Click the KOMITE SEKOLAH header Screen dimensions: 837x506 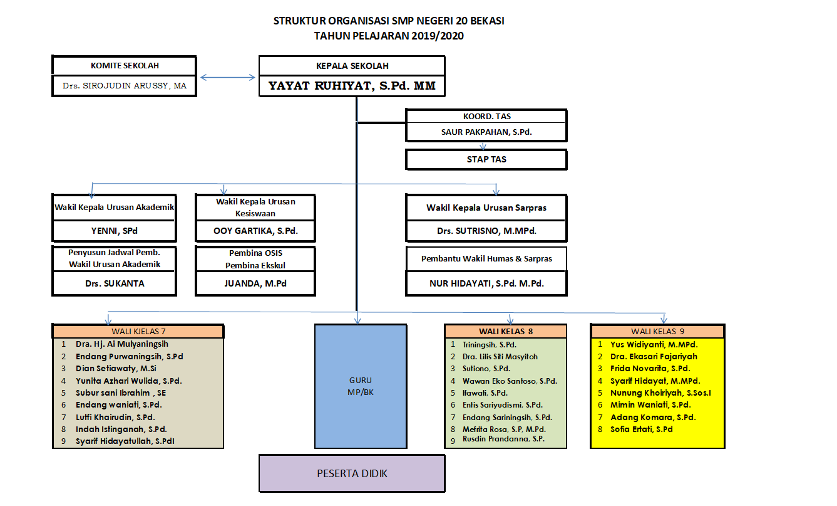point(125,66)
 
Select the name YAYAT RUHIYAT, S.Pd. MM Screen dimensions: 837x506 point(352,86)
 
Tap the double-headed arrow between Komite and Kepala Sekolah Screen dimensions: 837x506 point(227,78)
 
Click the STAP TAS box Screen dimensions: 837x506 point(486,159)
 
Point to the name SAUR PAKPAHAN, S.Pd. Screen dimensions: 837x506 point(486,132)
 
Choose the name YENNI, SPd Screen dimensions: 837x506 point(115,231)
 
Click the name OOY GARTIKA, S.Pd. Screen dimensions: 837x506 point(255,231)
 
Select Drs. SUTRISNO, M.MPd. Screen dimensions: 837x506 point(486,231)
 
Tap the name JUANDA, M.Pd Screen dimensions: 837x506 point(255,283)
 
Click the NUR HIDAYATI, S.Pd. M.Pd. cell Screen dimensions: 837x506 point(486,283)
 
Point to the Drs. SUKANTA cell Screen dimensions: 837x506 point(115,283)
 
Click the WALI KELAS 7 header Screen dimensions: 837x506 point(138,332)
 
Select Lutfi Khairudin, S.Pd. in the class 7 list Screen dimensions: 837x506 point(115,418)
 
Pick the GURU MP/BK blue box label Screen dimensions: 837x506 point(361,386)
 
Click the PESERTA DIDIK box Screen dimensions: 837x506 point(352,473)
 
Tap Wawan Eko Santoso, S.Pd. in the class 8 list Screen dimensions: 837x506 point(510,381)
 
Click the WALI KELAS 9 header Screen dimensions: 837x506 point(657,332)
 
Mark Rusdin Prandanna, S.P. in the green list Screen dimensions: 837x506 point(503,439)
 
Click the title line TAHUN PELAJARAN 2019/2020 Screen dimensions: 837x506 point(389,36)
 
